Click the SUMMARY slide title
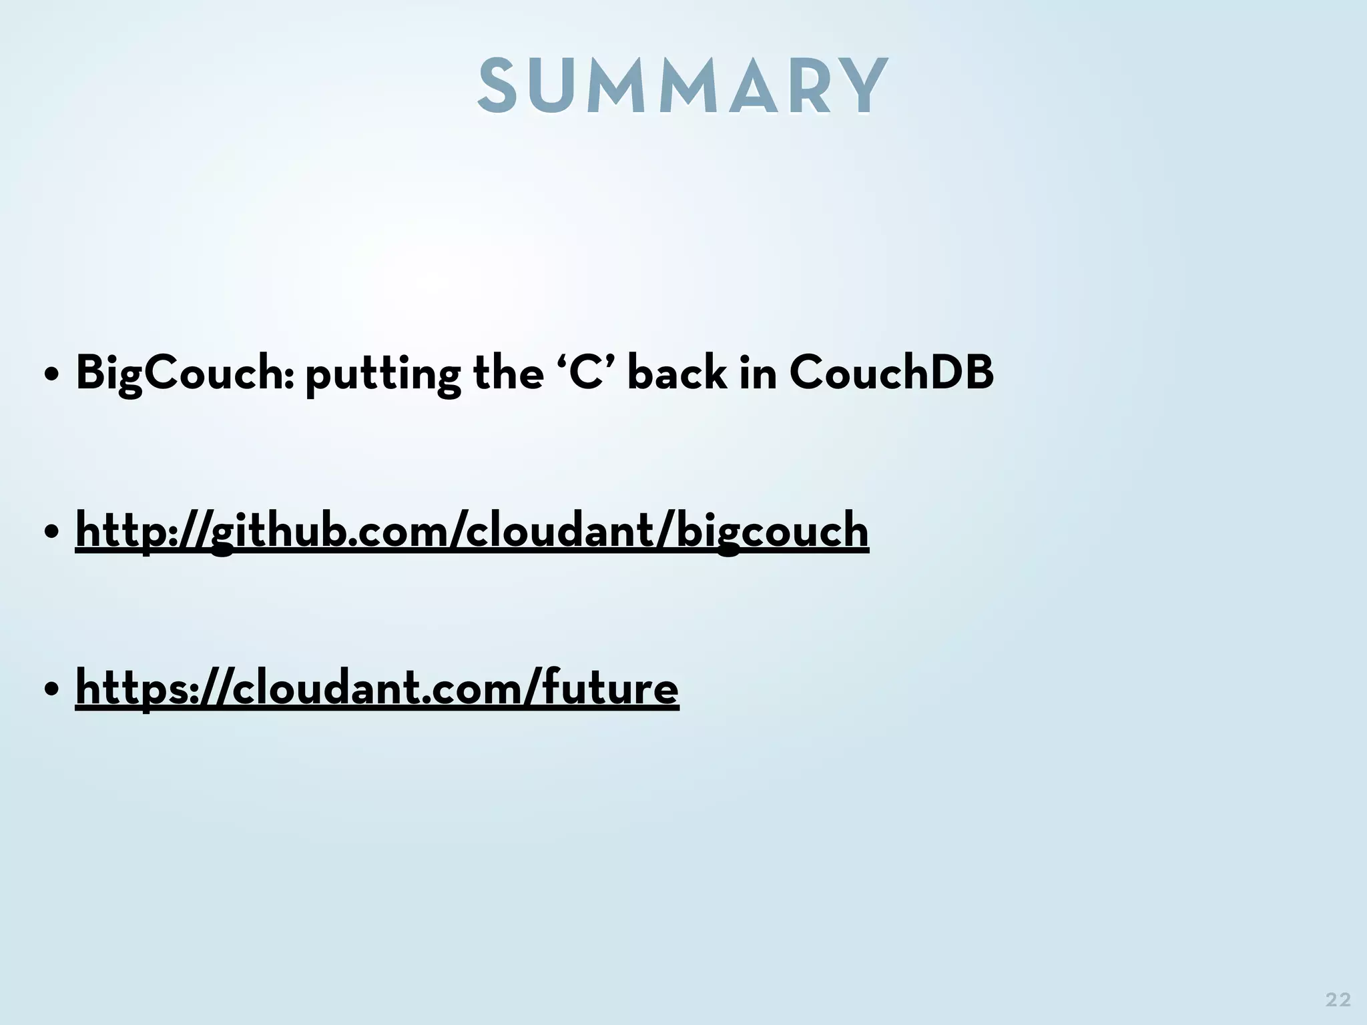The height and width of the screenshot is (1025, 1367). tap(683, 85)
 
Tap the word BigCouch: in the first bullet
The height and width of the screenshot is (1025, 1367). tap(181, 373)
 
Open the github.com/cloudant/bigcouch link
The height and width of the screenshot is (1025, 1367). tap(472, 531)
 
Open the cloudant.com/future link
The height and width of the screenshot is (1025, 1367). tap(377, 688)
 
